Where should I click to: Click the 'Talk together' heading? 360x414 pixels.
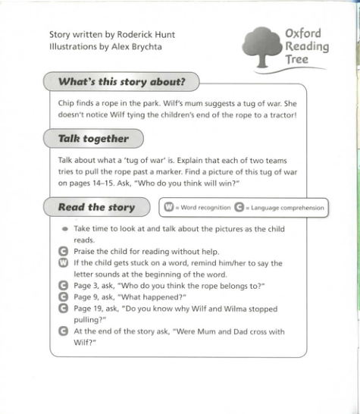tap(93, 139)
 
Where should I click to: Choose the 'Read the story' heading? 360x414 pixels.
tap(96, 207)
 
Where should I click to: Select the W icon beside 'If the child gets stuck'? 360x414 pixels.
tap(64, 263)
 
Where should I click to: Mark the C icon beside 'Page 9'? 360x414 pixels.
tap(64, 297)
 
